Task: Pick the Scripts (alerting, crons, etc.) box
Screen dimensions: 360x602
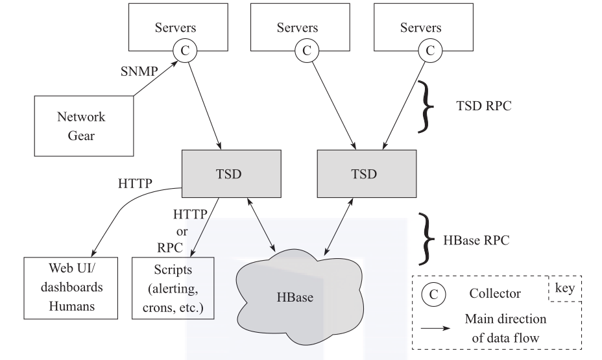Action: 173,287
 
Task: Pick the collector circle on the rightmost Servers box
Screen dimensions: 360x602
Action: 428,49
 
